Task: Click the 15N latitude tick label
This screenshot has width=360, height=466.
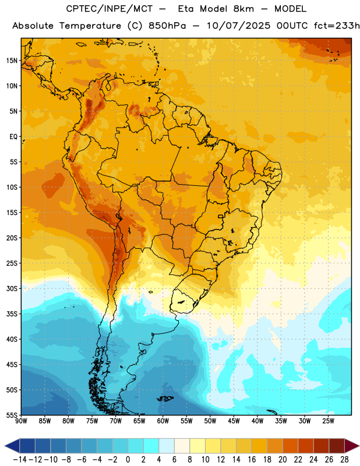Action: [x=12, y=61]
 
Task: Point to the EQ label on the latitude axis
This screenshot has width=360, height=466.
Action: [x=13, y=137]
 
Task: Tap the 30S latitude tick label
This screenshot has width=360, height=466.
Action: [x=12, y=288]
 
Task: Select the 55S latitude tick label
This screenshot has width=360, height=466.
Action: [x=12, y=415]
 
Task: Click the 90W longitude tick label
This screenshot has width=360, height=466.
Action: [x=21, y=421]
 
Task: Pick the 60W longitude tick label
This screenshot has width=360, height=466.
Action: [x=163, y=421]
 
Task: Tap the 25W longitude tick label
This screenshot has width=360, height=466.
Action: [x=329, y=421]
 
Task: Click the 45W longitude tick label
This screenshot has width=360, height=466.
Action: [x=234, y=421]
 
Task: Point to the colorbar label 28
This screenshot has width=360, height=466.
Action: [x=344, y=460]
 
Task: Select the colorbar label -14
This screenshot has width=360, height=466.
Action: [x=20, y=460]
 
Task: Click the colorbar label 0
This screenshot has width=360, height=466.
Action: [x=128, y=460]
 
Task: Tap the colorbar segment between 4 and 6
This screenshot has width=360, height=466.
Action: [x=167, y=446]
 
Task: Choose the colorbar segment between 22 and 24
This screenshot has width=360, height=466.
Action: [x=306, y=446]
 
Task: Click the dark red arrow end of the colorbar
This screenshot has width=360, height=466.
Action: [x=351, y=446]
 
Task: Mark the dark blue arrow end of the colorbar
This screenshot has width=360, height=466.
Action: [x=12, y=446]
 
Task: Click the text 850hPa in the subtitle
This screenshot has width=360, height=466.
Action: [x=167, y=26]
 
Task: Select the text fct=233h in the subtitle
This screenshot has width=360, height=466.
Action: [x=337, y=26]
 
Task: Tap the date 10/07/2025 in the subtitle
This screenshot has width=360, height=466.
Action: [x=239, y=26]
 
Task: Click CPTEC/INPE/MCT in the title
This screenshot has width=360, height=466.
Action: [x=110, y=9]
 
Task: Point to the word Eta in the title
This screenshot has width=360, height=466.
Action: [x=186, y=9]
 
